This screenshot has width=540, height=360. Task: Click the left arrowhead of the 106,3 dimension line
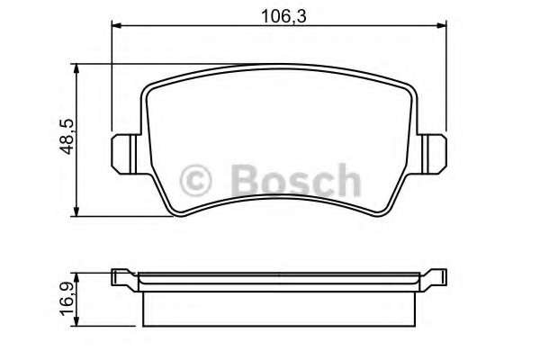(x=117, y=28)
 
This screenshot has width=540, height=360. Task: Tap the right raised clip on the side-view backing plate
(x=438, y=274)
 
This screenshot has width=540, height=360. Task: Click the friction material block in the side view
(x=279, y=307)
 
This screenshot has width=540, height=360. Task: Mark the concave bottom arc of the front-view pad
(x=280, y=199)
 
